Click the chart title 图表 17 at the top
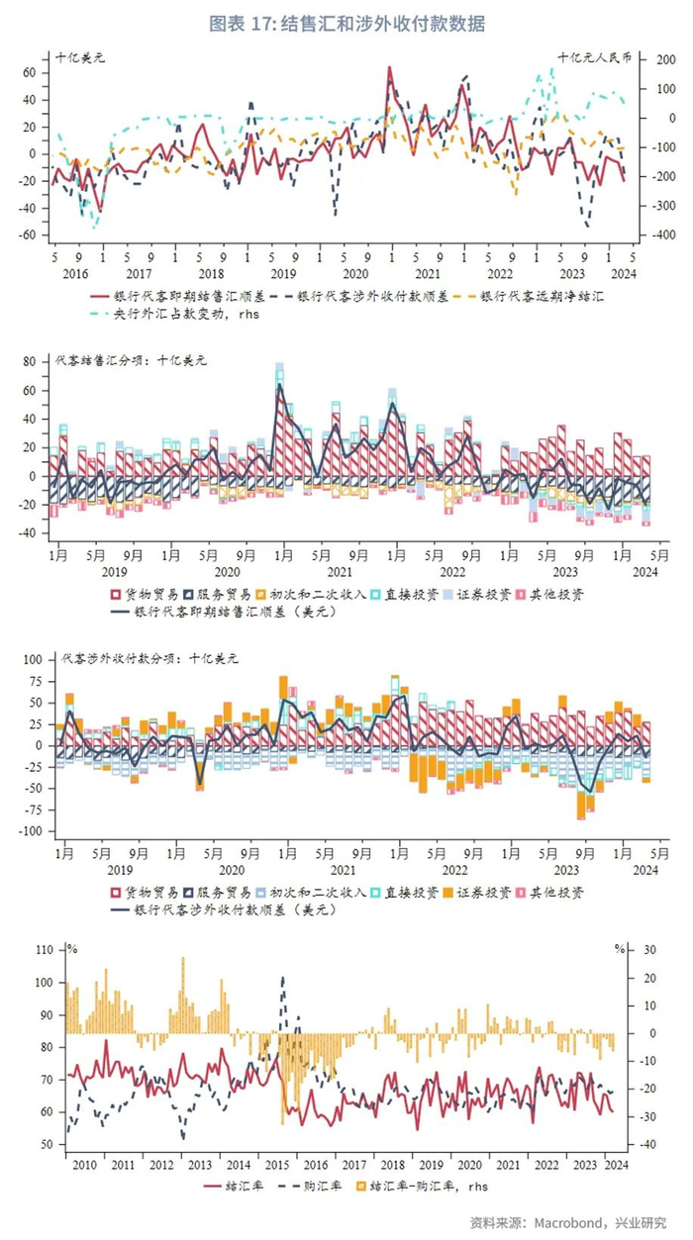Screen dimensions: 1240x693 point(346,22)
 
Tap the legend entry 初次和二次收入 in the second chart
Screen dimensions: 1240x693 point(318,595)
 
